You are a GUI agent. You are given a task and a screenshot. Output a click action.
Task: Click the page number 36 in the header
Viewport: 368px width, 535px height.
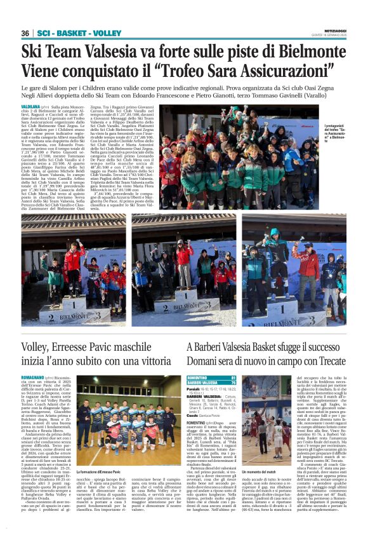pos(25,33)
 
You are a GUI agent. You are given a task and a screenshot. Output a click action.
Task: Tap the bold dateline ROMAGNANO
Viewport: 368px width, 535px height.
pos(34,377)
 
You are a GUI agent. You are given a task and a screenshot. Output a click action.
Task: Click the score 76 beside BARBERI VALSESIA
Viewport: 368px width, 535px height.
pos(233,383)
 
